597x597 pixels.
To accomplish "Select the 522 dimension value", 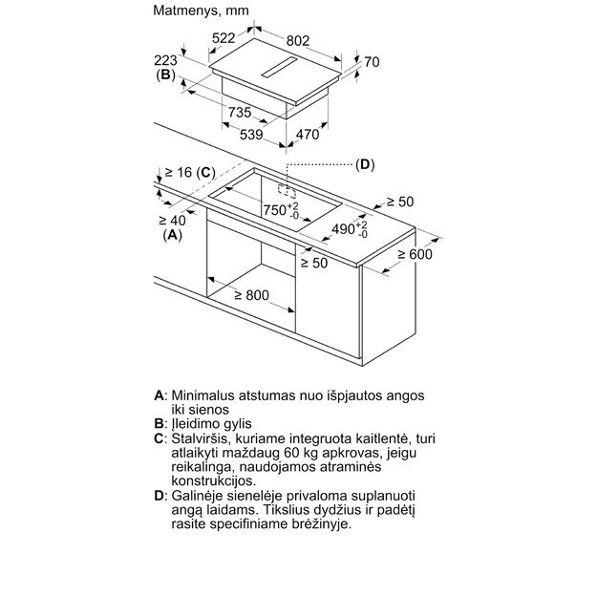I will (224, 38).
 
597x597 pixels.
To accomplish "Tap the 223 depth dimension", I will (164, 58).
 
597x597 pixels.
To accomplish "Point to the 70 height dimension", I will (372, 63).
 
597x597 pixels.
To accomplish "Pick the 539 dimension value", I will (250, 135).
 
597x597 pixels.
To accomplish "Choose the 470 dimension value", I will (306, 135).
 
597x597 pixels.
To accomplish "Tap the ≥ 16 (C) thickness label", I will (189, 172).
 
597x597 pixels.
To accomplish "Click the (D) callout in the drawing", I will (365, 164).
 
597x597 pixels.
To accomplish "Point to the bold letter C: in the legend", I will (160, 437).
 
